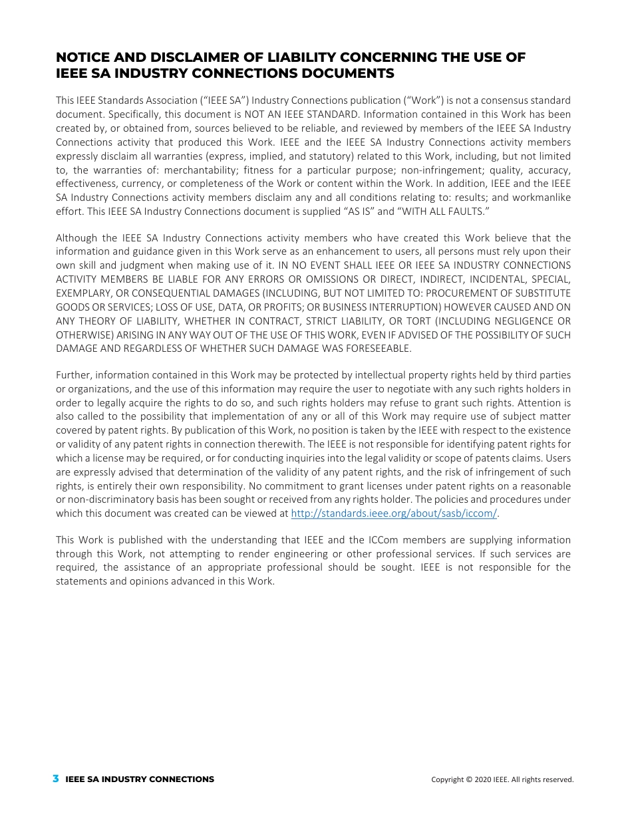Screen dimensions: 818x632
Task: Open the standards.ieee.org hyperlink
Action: click(394, 513)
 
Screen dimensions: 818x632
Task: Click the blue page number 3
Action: click(56, 779)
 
